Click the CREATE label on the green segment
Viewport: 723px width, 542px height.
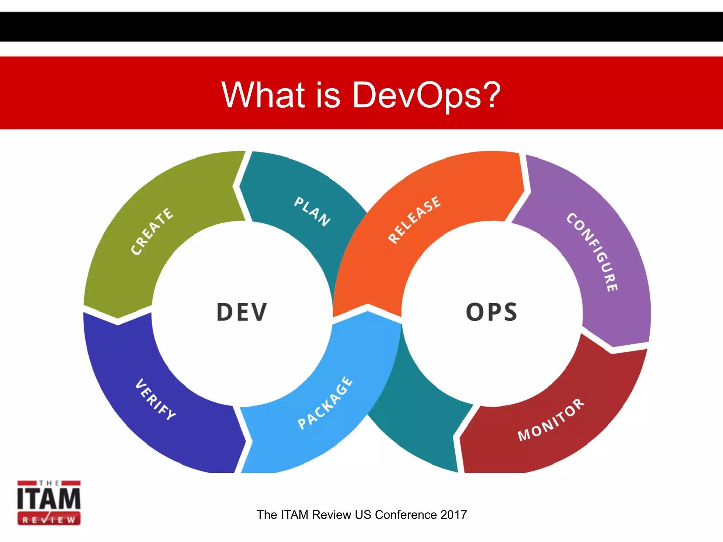(x=152, y=231)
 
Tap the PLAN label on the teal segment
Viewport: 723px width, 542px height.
(x=312, y=211)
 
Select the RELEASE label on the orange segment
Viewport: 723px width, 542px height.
(x=414, y=219)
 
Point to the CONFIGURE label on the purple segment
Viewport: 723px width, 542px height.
(x=592, y=252)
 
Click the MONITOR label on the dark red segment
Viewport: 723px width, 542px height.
(x=551, y=420)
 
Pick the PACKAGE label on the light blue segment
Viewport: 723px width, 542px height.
(x=325, y=403)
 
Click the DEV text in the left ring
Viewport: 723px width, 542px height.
(x=242, y=312)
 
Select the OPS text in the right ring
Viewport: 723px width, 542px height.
(x=491, y=312)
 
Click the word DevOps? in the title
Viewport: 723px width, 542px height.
(x=426, y=95)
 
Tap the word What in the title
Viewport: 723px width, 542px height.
(x=263, y=95)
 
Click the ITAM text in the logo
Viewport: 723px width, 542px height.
(x=49, y=498)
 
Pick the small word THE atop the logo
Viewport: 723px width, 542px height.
(x=49, y=483)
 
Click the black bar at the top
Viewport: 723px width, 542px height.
(x=361, y=26)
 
